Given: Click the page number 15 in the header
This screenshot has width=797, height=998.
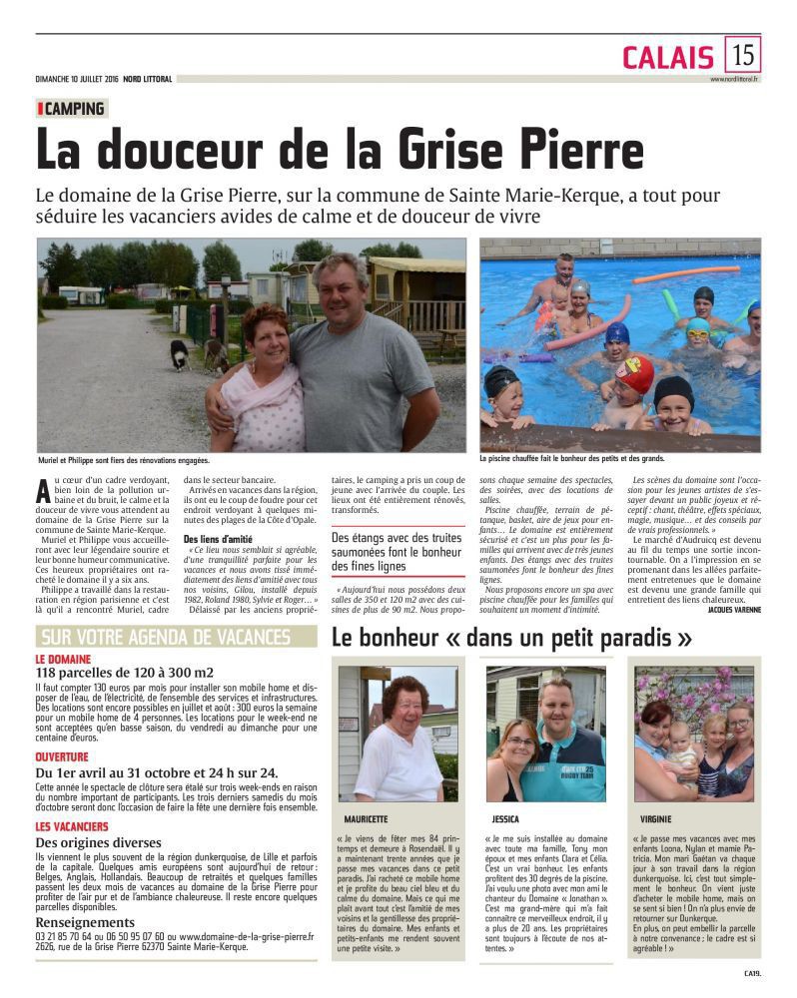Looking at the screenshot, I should point(742,54).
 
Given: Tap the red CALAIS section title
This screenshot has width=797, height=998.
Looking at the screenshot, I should point(667,57).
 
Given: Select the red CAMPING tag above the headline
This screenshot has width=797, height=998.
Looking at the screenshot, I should point(72,109).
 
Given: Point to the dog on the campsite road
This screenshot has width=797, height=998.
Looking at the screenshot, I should point(179,353).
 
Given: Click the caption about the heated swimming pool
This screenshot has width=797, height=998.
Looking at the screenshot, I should point(570,459).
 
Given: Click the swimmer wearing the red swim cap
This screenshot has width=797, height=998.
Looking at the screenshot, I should point(635,375).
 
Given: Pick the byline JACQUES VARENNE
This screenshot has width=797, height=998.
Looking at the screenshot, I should point(732,580).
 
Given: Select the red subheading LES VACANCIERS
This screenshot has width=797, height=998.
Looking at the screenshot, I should point(72,827).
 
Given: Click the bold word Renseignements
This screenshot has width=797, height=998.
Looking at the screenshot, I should point(86,922).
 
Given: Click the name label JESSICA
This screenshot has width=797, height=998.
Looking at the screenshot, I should point(505,817).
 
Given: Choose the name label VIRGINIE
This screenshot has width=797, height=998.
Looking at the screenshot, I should point(655,817).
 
